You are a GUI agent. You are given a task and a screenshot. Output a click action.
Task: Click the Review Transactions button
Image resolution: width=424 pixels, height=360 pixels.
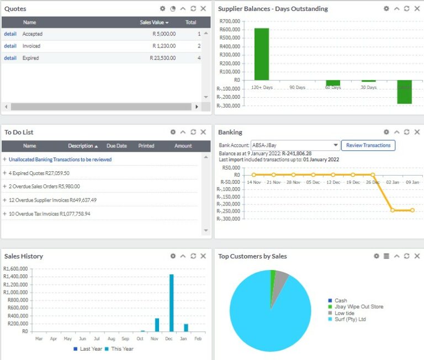[x=368, y=145]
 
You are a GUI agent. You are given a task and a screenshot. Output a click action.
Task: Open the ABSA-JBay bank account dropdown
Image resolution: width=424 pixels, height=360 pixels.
[x=295, y=145]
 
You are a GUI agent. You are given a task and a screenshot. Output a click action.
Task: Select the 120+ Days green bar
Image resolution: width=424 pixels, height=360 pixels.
[x=262, y=54]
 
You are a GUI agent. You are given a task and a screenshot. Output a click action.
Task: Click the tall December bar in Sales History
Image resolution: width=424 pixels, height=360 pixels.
[x=172, y=303]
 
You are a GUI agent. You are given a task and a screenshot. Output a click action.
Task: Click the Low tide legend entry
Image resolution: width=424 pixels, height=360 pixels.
[x=346, y=313]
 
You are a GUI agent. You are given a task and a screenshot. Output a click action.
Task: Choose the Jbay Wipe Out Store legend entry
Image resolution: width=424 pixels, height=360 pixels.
[x=358, y=306]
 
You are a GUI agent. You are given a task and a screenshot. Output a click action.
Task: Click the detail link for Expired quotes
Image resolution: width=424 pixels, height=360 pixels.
[x=10, y=58]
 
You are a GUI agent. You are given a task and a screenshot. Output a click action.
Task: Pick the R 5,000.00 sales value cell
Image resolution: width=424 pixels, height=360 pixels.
[x=163, y=34]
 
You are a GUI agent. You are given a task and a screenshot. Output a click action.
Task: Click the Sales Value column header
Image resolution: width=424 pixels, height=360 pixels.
[x=154, y=23]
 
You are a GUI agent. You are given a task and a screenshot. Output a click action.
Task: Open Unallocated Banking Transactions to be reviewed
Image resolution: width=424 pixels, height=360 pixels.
[x=60, y=160]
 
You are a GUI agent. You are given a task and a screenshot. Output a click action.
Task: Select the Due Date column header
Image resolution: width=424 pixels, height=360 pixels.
[x=116, y=146]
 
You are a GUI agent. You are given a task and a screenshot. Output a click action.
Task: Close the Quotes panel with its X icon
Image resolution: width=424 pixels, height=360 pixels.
[x=203, y=8]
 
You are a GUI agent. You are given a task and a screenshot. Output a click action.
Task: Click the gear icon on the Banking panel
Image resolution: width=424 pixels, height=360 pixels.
[x=386, y=132]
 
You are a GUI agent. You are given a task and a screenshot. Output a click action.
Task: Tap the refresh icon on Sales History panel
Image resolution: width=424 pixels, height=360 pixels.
[x=193, y=256]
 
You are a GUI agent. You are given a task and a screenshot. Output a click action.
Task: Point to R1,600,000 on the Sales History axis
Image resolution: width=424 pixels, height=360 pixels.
[x=16, y=269]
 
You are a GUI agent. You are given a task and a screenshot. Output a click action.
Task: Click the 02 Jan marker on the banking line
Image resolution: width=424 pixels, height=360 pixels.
[x=392, y=210]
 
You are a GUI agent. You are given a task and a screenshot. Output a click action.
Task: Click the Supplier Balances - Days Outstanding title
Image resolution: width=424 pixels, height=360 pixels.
[x=273, y=9]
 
